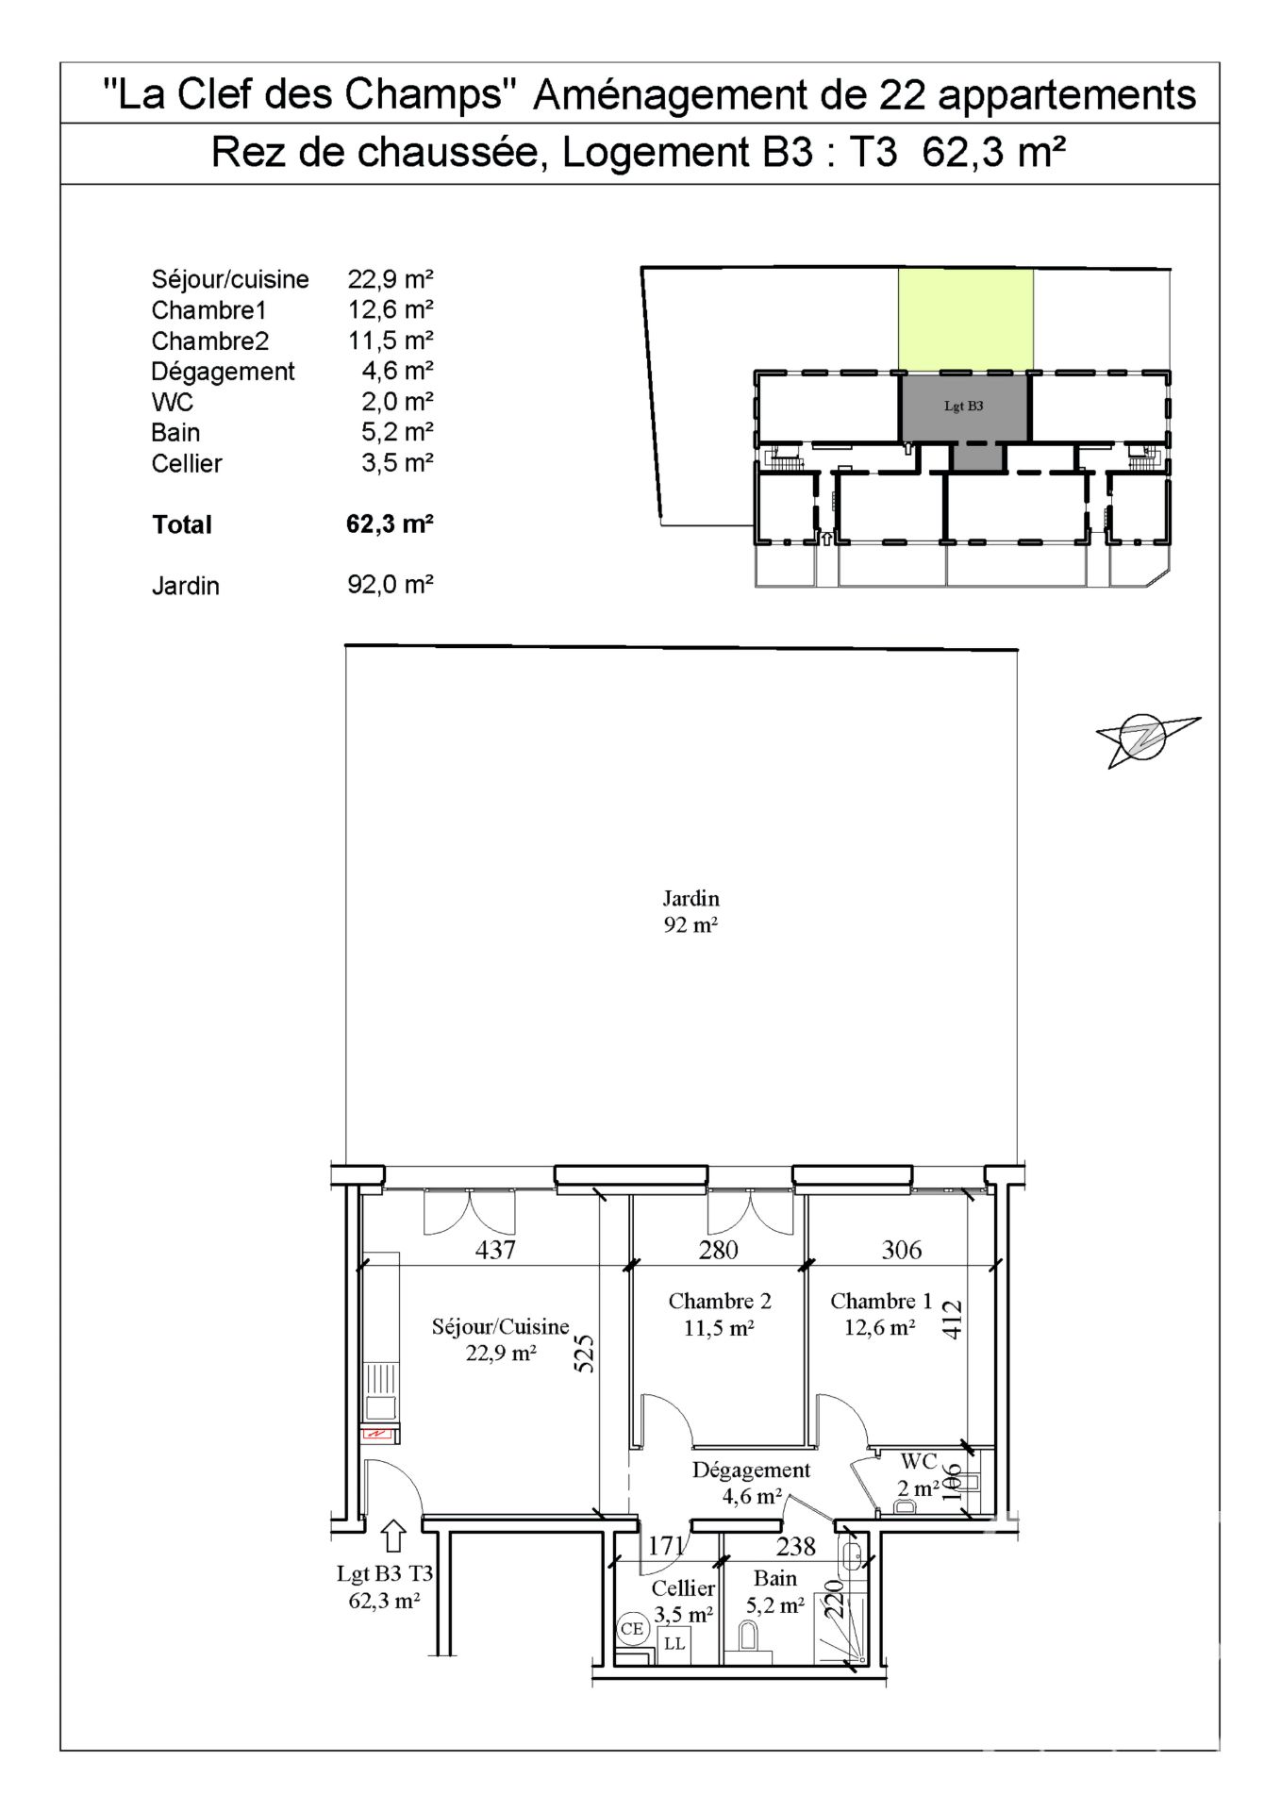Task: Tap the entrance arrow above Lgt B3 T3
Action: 394,1537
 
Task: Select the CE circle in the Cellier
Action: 632,1629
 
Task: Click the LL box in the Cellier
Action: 674,1643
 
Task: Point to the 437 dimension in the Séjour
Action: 495,1250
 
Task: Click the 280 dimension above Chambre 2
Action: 718,1250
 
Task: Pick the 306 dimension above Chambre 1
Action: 901,1250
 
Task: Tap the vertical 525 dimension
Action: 585,1353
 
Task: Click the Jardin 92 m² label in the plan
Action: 690,911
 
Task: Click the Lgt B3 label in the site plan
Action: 963,407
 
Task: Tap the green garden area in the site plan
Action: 965,320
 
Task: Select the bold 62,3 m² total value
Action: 390,523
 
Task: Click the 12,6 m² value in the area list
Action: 391,308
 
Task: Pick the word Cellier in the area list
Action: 187,463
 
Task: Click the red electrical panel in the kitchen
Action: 378,1435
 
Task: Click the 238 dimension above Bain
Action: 795,1546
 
